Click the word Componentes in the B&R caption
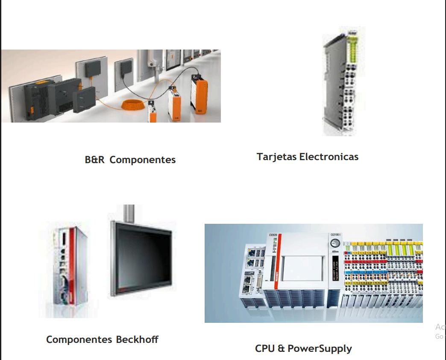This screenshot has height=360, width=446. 143,160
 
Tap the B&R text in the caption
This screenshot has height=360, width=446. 94,160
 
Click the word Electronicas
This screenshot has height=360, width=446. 329,157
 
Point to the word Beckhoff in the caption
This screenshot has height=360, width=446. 137,340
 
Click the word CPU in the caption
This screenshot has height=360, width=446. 264,348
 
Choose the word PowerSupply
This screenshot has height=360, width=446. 320,348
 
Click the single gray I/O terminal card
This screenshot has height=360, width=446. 339,81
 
